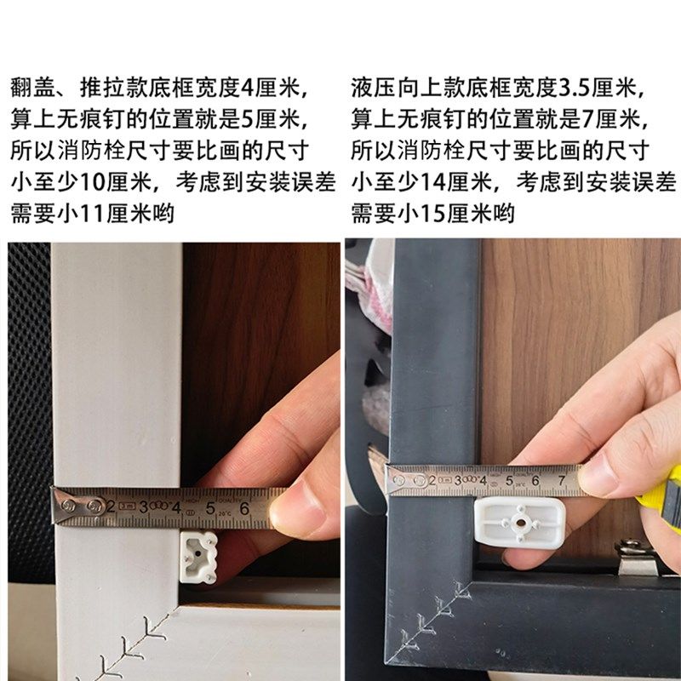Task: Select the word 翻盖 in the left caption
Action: click(x=31, y=87)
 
